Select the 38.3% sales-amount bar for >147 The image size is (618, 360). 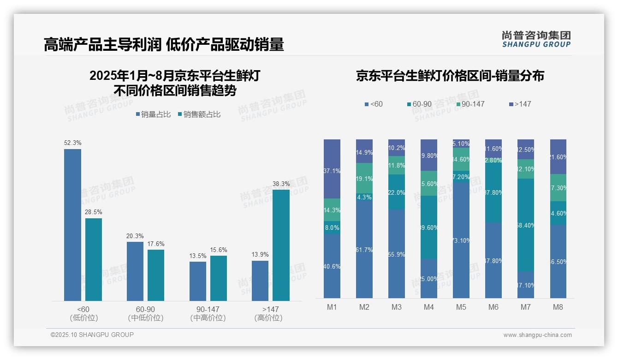(281, 245)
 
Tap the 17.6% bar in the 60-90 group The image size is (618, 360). (156, 275)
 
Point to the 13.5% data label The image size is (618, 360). (198, 256)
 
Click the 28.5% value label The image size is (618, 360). (94, 212)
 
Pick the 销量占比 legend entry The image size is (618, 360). (153, 114)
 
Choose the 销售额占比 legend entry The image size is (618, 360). (199, 114)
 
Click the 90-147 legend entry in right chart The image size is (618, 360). (470, 104)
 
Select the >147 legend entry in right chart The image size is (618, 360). (520, 104)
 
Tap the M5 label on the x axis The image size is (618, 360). (461, 307)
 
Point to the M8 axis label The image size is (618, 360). (558, 307)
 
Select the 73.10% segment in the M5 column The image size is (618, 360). (461, 240)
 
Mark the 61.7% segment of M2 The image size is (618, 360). (364, 249)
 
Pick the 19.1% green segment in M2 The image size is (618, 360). (364, 178)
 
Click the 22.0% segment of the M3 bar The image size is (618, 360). (397, 192)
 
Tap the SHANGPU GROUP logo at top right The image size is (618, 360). (536, 39)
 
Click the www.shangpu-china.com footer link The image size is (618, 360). (537, 335)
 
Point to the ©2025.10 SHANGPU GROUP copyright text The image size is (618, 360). (92, 335)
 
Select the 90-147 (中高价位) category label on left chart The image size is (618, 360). (208, 313)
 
